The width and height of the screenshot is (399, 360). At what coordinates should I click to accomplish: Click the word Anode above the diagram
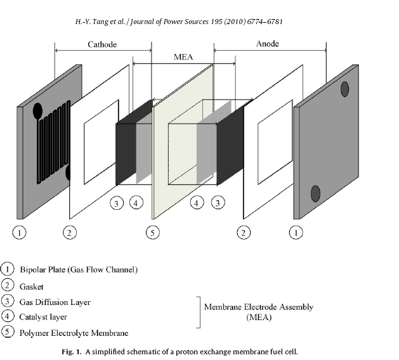pos(267,44)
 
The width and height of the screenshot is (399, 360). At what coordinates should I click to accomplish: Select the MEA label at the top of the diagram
pos(183,56)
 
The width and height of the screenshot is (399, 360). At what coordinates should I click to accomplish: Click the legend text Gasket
pos(32,286)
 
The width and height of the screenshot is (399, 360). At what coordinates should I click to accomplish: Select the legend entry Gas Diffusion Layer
pos(55,302)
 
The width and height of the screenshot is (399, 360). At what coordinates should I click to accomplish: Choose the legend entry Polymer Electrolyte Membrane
pos(74,333)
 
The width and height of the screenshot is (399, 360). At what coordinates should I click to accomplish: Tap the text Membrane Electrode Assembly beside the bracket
pos(258,307)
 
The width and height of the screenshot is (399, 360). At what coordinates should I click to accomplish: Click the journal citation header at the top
pos(178,22)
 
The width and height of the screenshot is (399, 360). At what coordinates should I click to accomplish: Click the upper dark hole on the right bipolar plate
pos(344,89)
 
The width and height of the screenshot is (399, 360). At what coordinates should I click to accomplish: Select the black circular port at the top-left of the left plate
pos(37,113)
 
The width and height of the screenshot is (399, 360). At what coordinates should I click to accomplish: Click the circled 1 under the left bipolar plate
pos(21,233)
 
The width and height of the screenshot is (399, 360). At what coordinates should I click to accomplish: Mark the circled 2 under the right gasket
pos(242,233)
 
